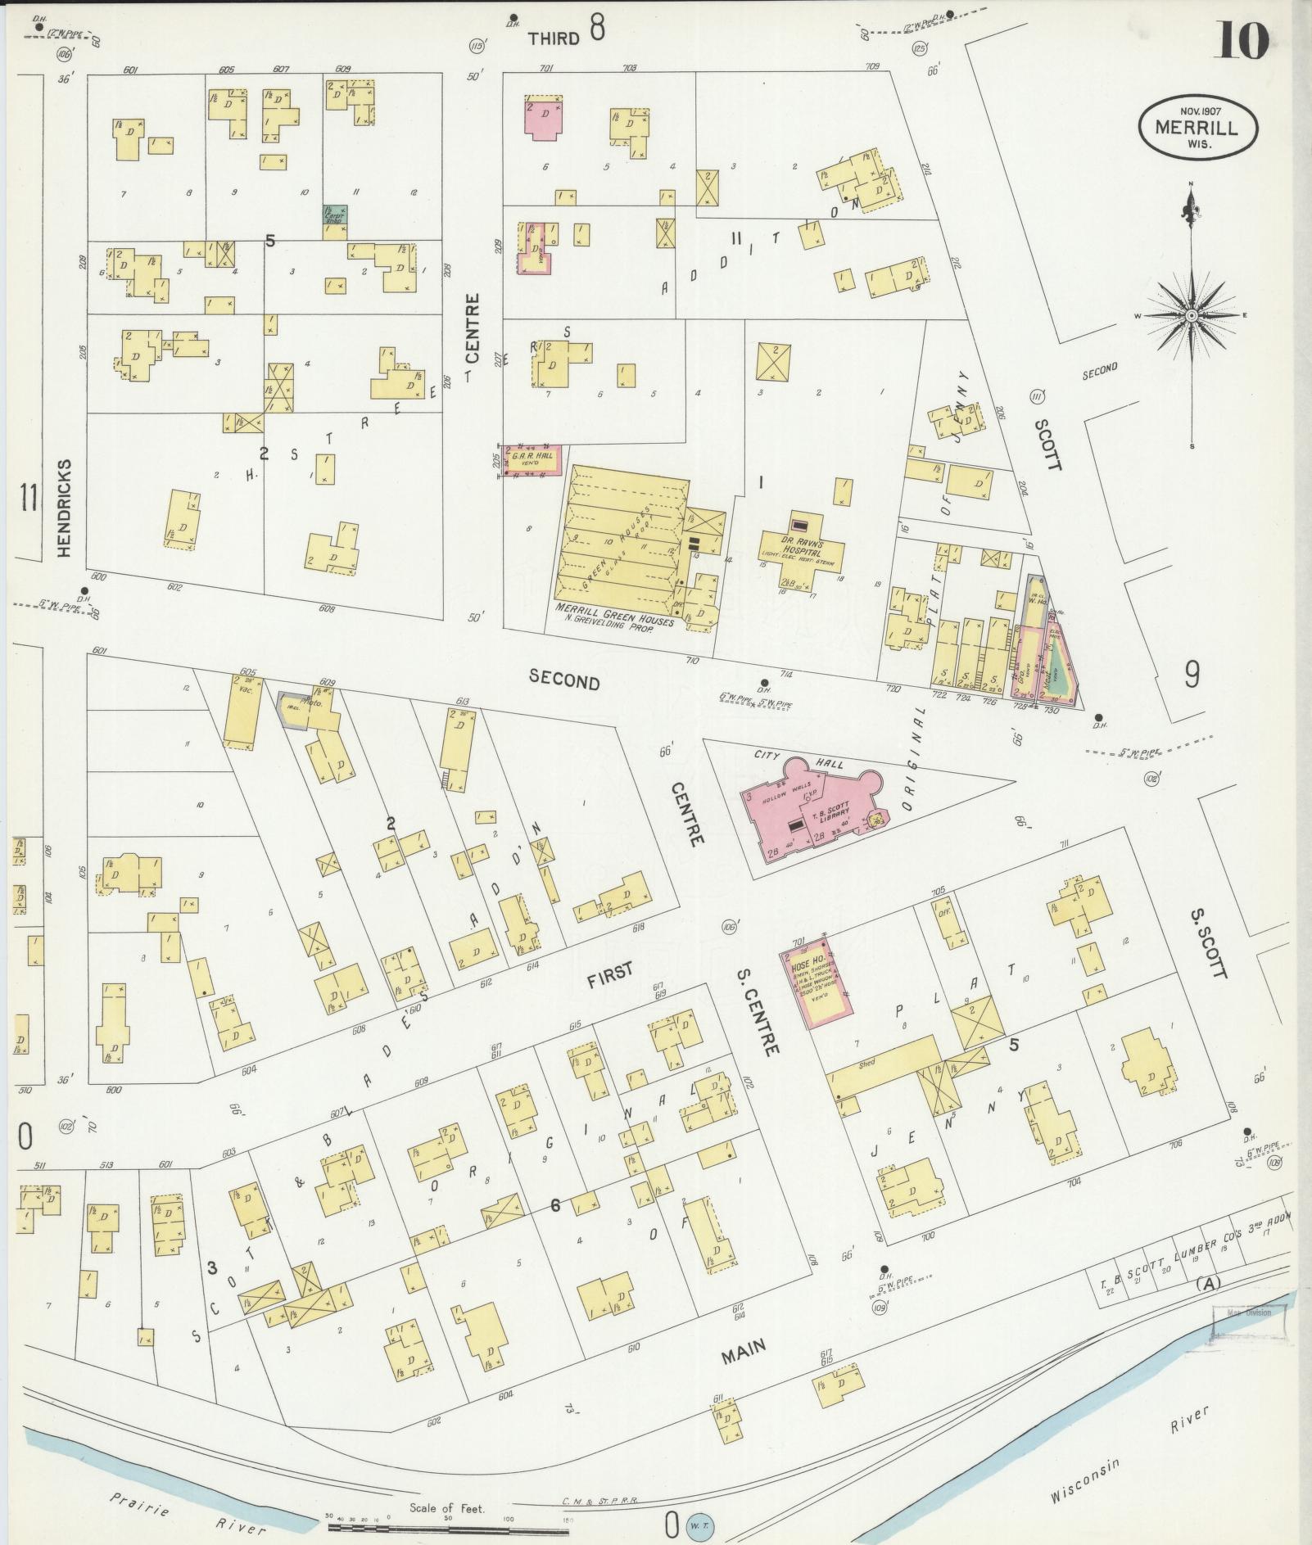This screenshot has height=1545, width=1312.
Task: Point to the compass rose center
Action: coord(1192,315)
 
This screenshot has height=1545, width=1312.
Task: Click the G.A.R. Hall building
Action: coord(532,459)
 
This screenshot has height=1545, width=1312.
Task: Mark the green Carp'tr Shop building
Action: coord(335,215)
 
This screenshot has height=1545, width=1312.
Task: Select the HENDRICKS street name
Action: coord(65,508)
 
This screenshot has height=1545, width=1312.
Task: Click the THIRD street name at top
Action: coord(554,38)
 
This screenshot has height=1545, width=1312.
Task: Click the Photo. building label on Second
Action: coord(311,702)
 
